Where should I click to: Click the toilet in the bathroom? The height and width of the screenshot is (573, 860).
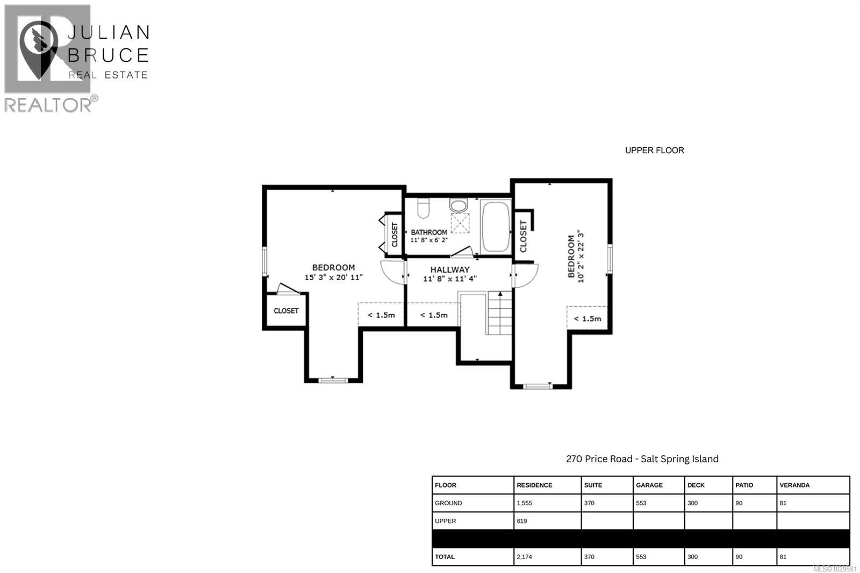pyautogui.click(x=424, y=208)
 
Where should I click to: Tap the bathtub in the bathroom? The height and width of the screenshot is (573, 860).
pyautogui.click(x=496, y=226)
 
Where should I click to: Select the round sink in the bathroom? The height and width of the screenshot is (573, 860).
pyautogui.click(x=458, y=205)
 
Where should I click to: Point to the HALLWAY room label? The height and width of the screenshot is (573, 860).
pyautogui.click(x=450, y=269)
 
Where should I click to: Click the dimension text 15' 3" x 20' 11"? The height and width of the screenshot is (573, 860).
pyautogui.click(x=334, y=277)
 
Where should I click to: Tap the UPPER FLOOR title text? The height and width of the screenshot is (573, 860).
pyautogui.click(x=654, y=151)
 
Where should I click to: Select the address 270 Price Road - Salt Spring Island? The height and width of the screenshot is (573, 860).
pyautogui.click(x=642, y=459)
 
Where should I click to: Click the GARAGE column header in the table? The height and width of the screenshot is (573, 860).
pyautogui.click(x=649, y=485)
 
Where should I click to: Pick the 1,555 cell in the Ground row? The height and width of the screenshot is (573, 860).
pyautogui.click(x=524, y=503)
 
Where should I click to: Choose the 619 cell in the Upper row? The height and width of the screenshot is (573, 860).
pyautogui.click(x=522, y=521)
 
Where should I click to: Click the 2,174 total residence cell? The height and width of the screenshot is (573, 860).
pyautogui.click(x=524, y=557)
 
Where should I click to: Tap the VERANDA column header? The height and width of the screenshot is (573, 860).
pyautogui.click(x=794, y=485)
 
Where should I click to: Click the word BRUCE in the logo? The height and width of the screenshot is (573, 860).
pyautogui.click(x=109, y=55)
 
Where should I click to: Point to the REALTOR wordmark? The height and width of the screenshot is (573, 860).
pyautogui.click(x=48, y=105)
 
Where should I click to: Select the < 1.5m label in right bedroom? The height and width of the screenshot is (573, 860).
pyautogui.click(x=587, y=319)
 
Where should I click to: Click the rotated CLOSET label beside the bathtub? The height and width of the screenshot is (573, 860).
pyautogui.click(x=524, y=236)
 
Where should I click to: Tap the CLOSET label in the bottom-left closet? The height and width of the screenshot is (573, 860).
pyautogui.click(x=286, y=311)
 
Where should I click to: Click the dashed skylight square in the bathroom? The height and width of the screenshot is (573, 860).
pyautogui.click(x=460, y=223)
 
